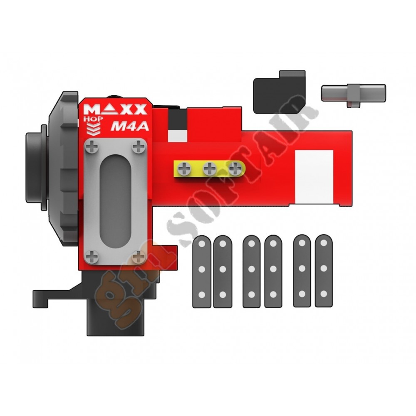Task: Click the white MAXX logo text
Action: point(115,109)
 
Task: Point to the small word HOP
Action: point(93,119)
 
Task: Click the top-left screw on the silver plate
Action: point(92,147)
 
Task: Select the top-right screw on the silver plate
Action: point(139,147)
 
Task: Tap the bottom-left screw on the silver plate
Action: point(92,257)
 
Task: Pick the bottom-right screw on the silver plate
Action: point(139,257)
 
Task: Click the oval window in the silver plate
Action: point(116,202)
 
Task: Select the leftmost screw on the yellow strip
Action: point(184,169)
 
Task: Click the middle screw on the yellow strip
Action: point(210,169)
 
